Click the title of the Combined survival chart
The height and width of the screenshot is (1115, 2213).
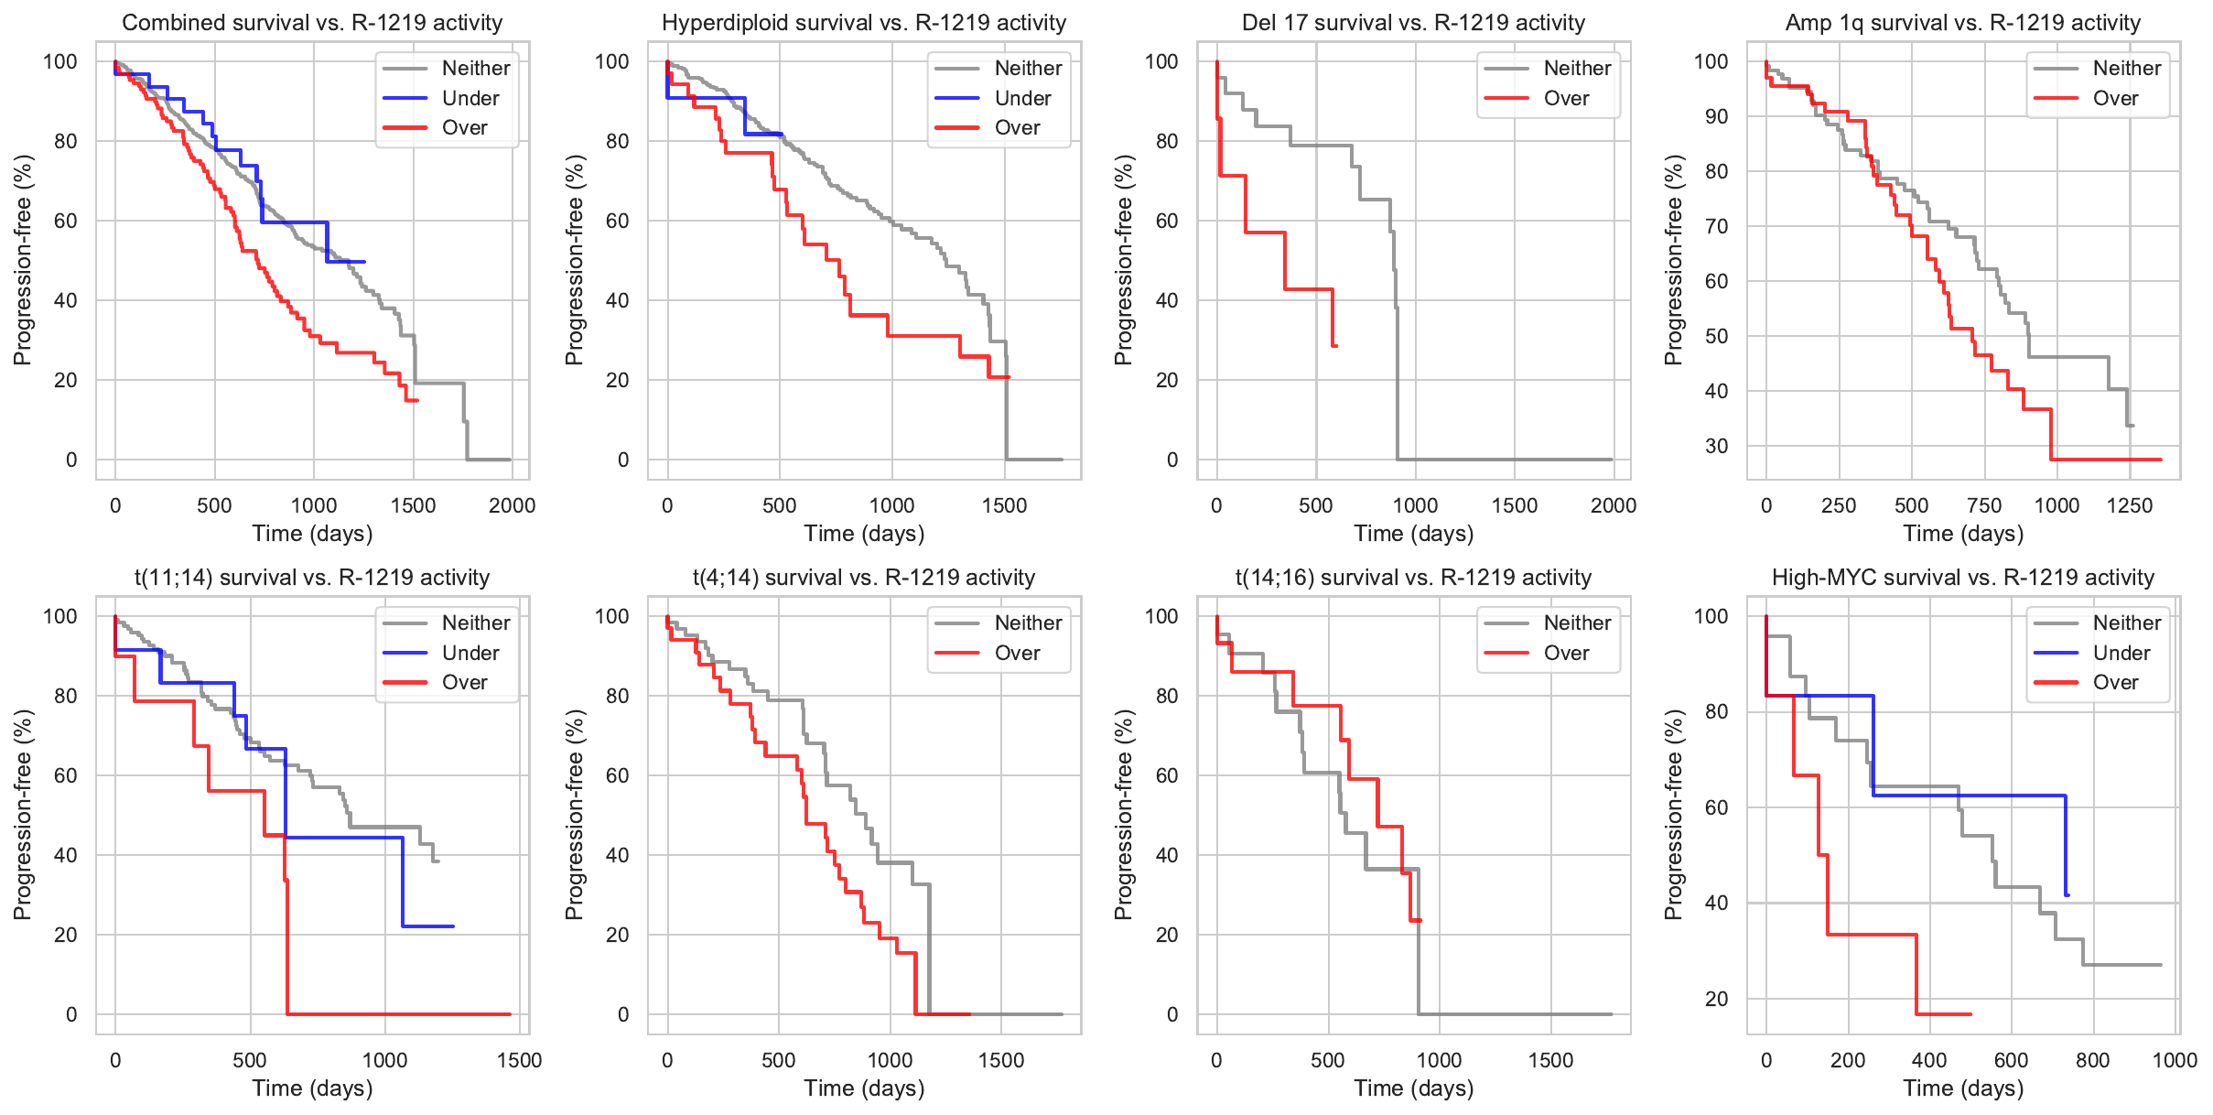point(312,23)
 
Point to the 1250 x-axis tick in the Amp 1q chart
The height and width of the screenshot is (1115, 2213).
point(2129,505)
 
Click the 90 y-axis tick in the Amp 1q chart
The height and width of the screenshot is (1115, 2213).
point(1716,116)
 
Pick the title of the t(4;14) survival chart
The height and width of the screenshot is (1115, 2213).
point(864,578)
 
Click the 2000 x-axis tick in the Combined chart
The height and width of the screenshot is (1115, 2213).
point(512,505)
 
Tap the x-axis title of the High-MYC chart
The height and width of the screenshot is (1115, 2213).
point(1963,1088)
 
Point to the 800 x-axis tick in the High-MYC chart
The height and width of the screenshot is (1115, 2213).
point(2092,1060)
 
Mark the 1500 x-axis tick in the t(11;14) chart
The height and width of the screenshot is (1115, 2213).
point(519,1060)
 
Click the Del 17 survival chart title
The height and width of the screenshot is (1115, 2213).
point(1413,23)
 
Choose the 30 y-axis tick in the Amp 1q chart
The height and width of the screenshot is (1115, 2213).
point(1716,446)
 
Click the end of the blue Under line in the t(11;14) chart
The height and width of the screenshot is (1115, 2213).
point(453,926)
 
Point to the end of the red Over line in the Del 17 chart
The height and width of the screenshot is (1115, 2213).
point(1336,345)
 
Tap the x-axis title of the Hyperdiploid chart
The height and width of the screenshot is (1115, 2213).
point(864,533)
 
